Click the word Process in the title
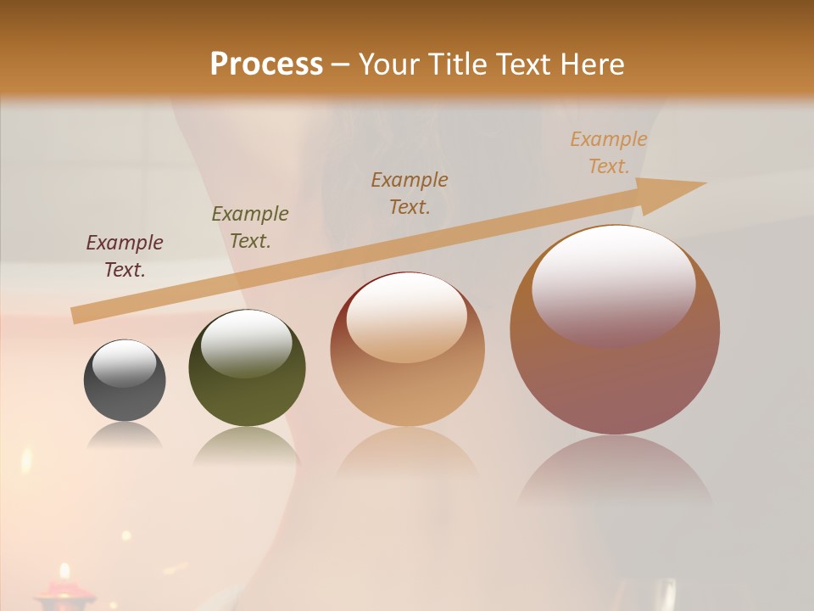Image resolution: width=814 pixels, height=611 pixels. tap(266, 64)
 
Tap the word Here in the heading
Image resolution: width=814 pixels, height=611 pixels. tap(591, 64)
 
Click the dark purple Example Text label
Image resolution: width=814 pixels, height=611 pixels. tap(125, 255)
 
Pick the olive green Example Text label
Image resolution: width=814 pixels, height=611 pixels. tap(250, 227)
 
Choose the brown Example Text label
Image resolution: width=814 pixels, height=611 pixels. tap(410, 193)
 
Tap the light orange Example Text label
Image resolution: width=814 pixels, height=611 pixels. tap(609, 152)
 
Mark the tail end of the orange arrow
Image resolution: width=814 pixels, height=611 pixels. tap(75, 316)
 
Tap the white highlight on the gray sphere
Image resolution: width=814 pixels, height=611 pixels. tap(125, 363)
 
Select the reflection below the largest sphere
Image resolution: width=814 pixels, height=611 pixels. tap(615, 471)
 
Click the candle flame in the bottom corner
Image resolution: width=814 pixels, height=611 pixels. tap(64, 571)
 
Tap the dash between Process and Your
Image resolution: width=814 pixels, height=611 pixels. tap(341, 64)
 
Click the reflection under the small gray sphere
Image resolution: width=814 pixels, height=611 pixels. tap(125, 435)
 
